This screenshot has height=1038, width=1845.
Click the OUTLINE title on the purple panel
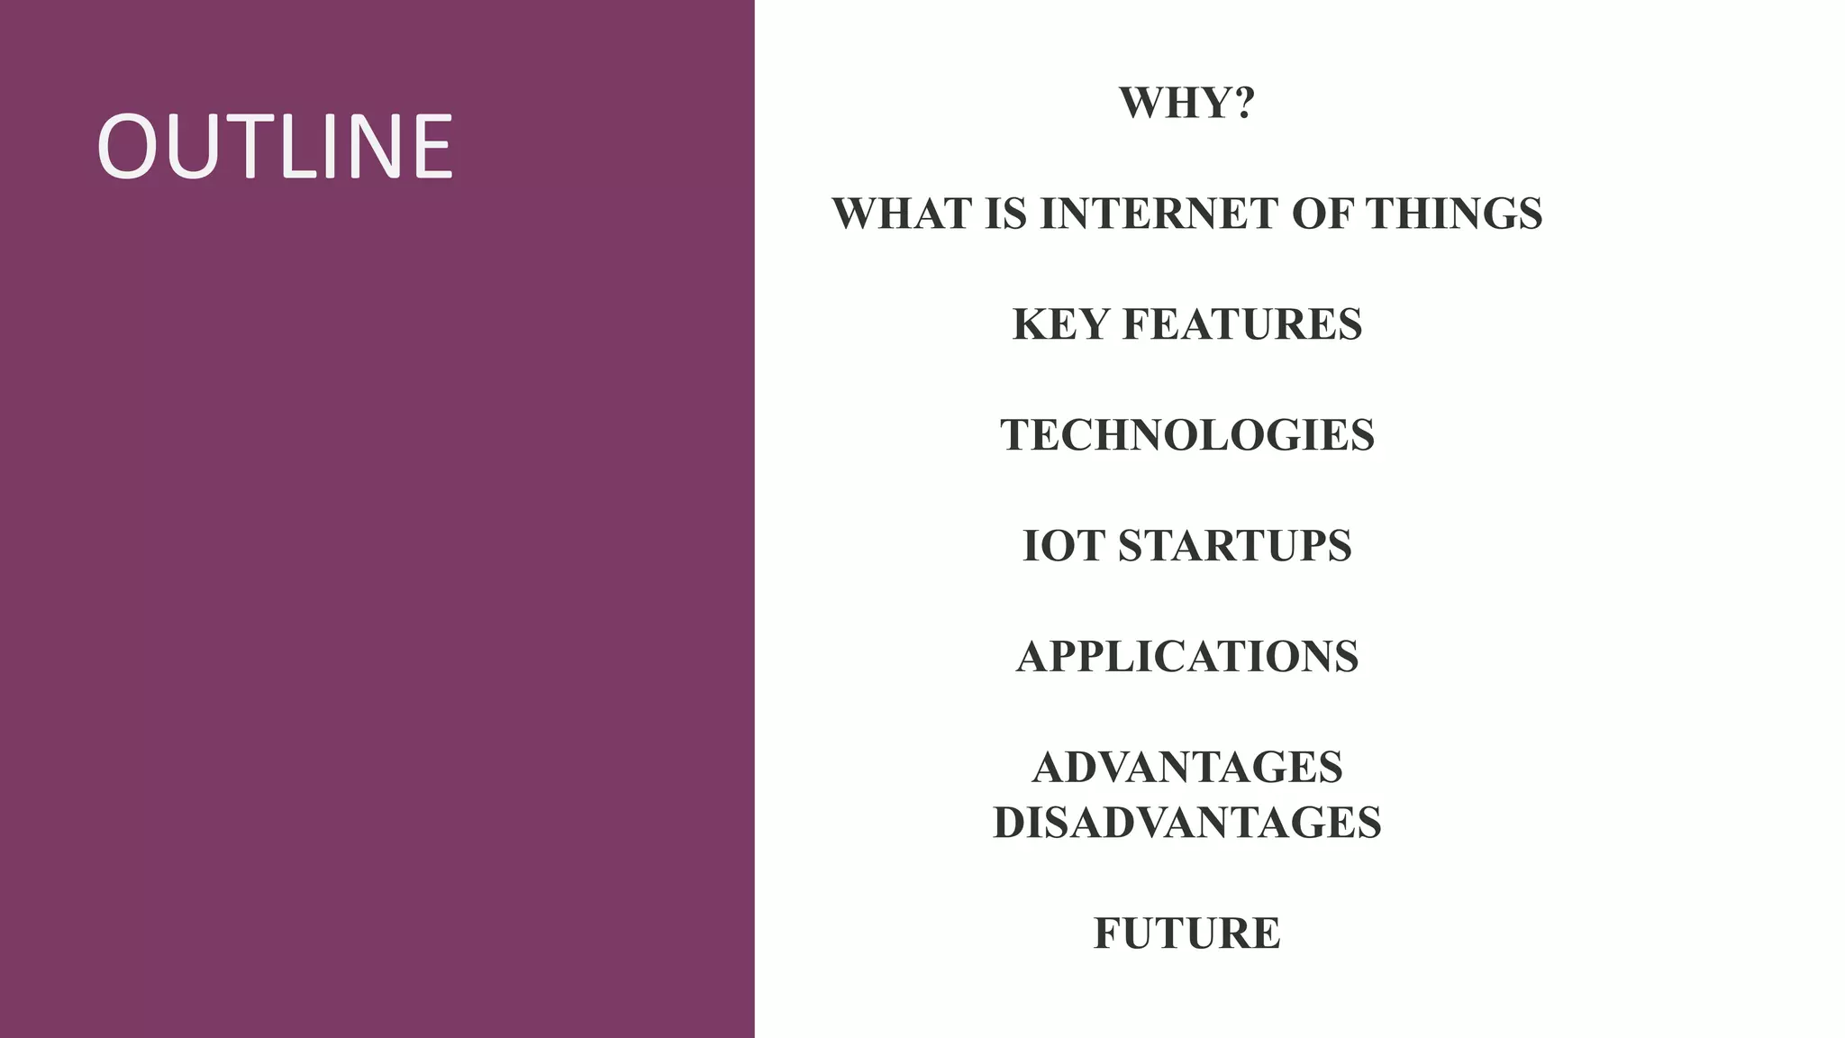tap(274, 147)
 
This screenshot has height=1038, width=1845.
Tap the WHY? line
tap(1186, 103)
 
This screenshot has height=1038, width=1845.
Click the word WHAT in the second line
tap(902, 214)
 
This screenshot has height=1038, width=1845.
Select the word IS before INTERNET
tap(1005, 214)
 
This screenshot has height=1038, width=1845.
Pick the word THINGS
tap(1453, 214)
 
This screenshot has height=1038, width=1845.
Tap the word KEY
tap(1060, 324)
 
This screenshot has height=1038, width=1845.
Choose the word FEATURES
tap(1241, 324)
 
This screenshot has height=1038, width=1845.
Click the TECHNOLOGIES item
tap(1187, 435)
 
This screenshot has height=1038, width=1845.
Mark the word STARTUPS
tap(1234, 546)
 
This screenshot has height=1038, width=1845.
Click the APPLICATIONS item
tap(1187, 657)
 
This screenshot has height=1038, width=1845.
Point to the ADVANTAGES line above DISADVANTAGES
tap(1187, 768)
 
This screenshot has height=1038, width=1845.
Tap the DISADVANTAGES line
tap(1187, 823)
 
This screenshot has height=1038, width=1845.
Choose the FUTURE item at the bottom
tap(1187, 933)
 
